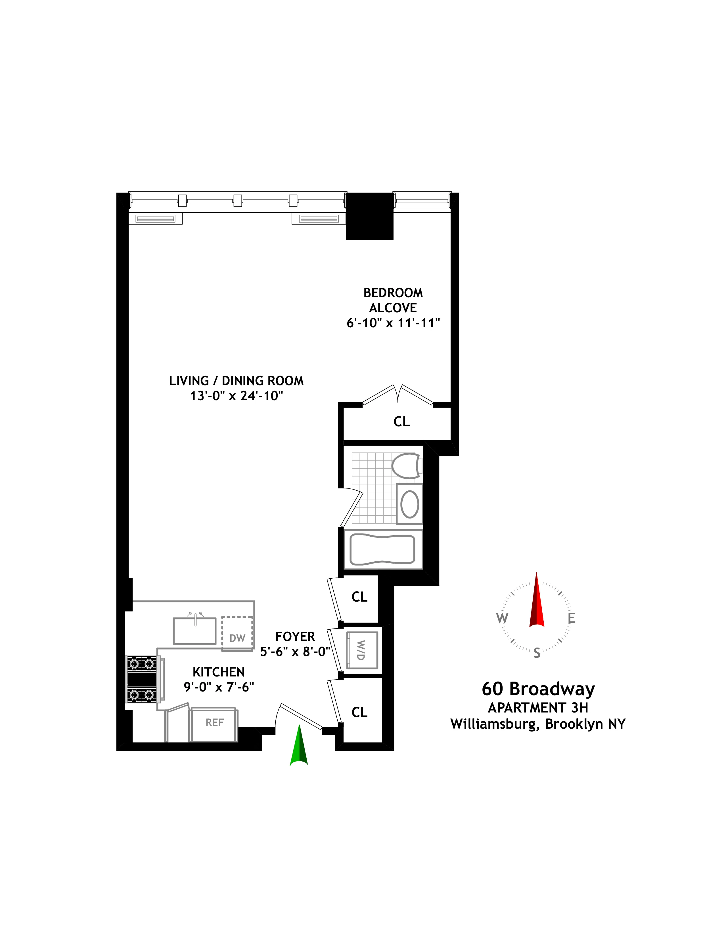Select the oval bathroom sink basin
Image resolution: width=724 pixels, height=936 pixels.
[x=410, y=504]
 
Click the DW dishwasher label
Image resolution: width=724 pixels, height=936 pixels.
[x=237, y=638]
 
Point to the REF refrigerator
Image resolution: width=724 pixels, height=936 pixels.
[x=214, y=723]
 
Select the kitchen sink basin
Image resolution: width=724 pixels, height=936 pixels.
[x=194, y=631]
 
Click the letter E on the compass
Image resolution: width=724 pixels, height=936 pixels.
[x=571, y=618]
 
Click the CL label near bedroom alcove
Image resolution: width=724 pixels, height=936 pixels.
[x=401, y=422]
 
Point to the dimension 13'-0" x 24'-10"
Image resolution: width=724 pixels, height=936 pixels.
[x=237, y=396]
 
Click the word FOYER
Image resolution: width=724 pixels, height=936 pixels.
[x=295, y=636]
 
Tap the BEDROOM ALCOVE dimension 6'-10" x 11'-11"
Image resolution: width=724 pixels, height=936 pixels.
[x=393, y=323]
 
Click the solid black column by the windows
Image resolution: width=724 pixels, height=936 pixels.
[x=370, y=216]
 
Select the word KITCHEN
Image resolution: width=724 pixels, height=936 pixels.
[x=218, y=672]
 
